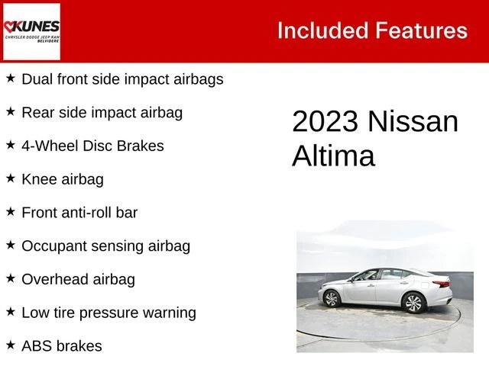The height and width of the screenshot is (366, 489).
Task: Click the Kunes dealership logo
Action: (x=31, y=31)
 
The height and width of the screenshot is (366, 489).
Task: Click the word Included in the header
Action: (x=322, y=30)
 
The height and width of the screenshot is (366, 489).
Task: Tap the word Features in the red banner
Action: (x=421, y=30)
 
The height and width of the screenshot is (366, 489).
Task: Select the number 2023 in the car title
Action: (x=325, y=121)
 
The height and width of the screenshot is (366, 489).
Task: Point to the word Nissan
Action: (x=413, y=121)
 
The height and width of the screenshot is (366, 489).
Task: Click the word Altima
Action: (x=333, y=156)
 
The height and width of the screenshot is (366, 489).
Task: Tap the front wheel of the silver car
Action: (x=331, y=299)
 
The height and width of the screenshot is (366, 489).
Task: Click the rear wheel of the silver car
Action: (x=414, y=303)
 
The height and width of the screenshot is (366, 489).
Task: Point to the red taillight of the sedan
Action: (x=442, y=284)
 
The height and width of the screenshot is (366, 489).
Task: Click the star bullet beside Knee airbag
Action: (x=11, y=178)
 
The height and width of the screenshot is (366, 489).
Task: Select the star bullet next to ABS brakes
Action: (x=11, y=345)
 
